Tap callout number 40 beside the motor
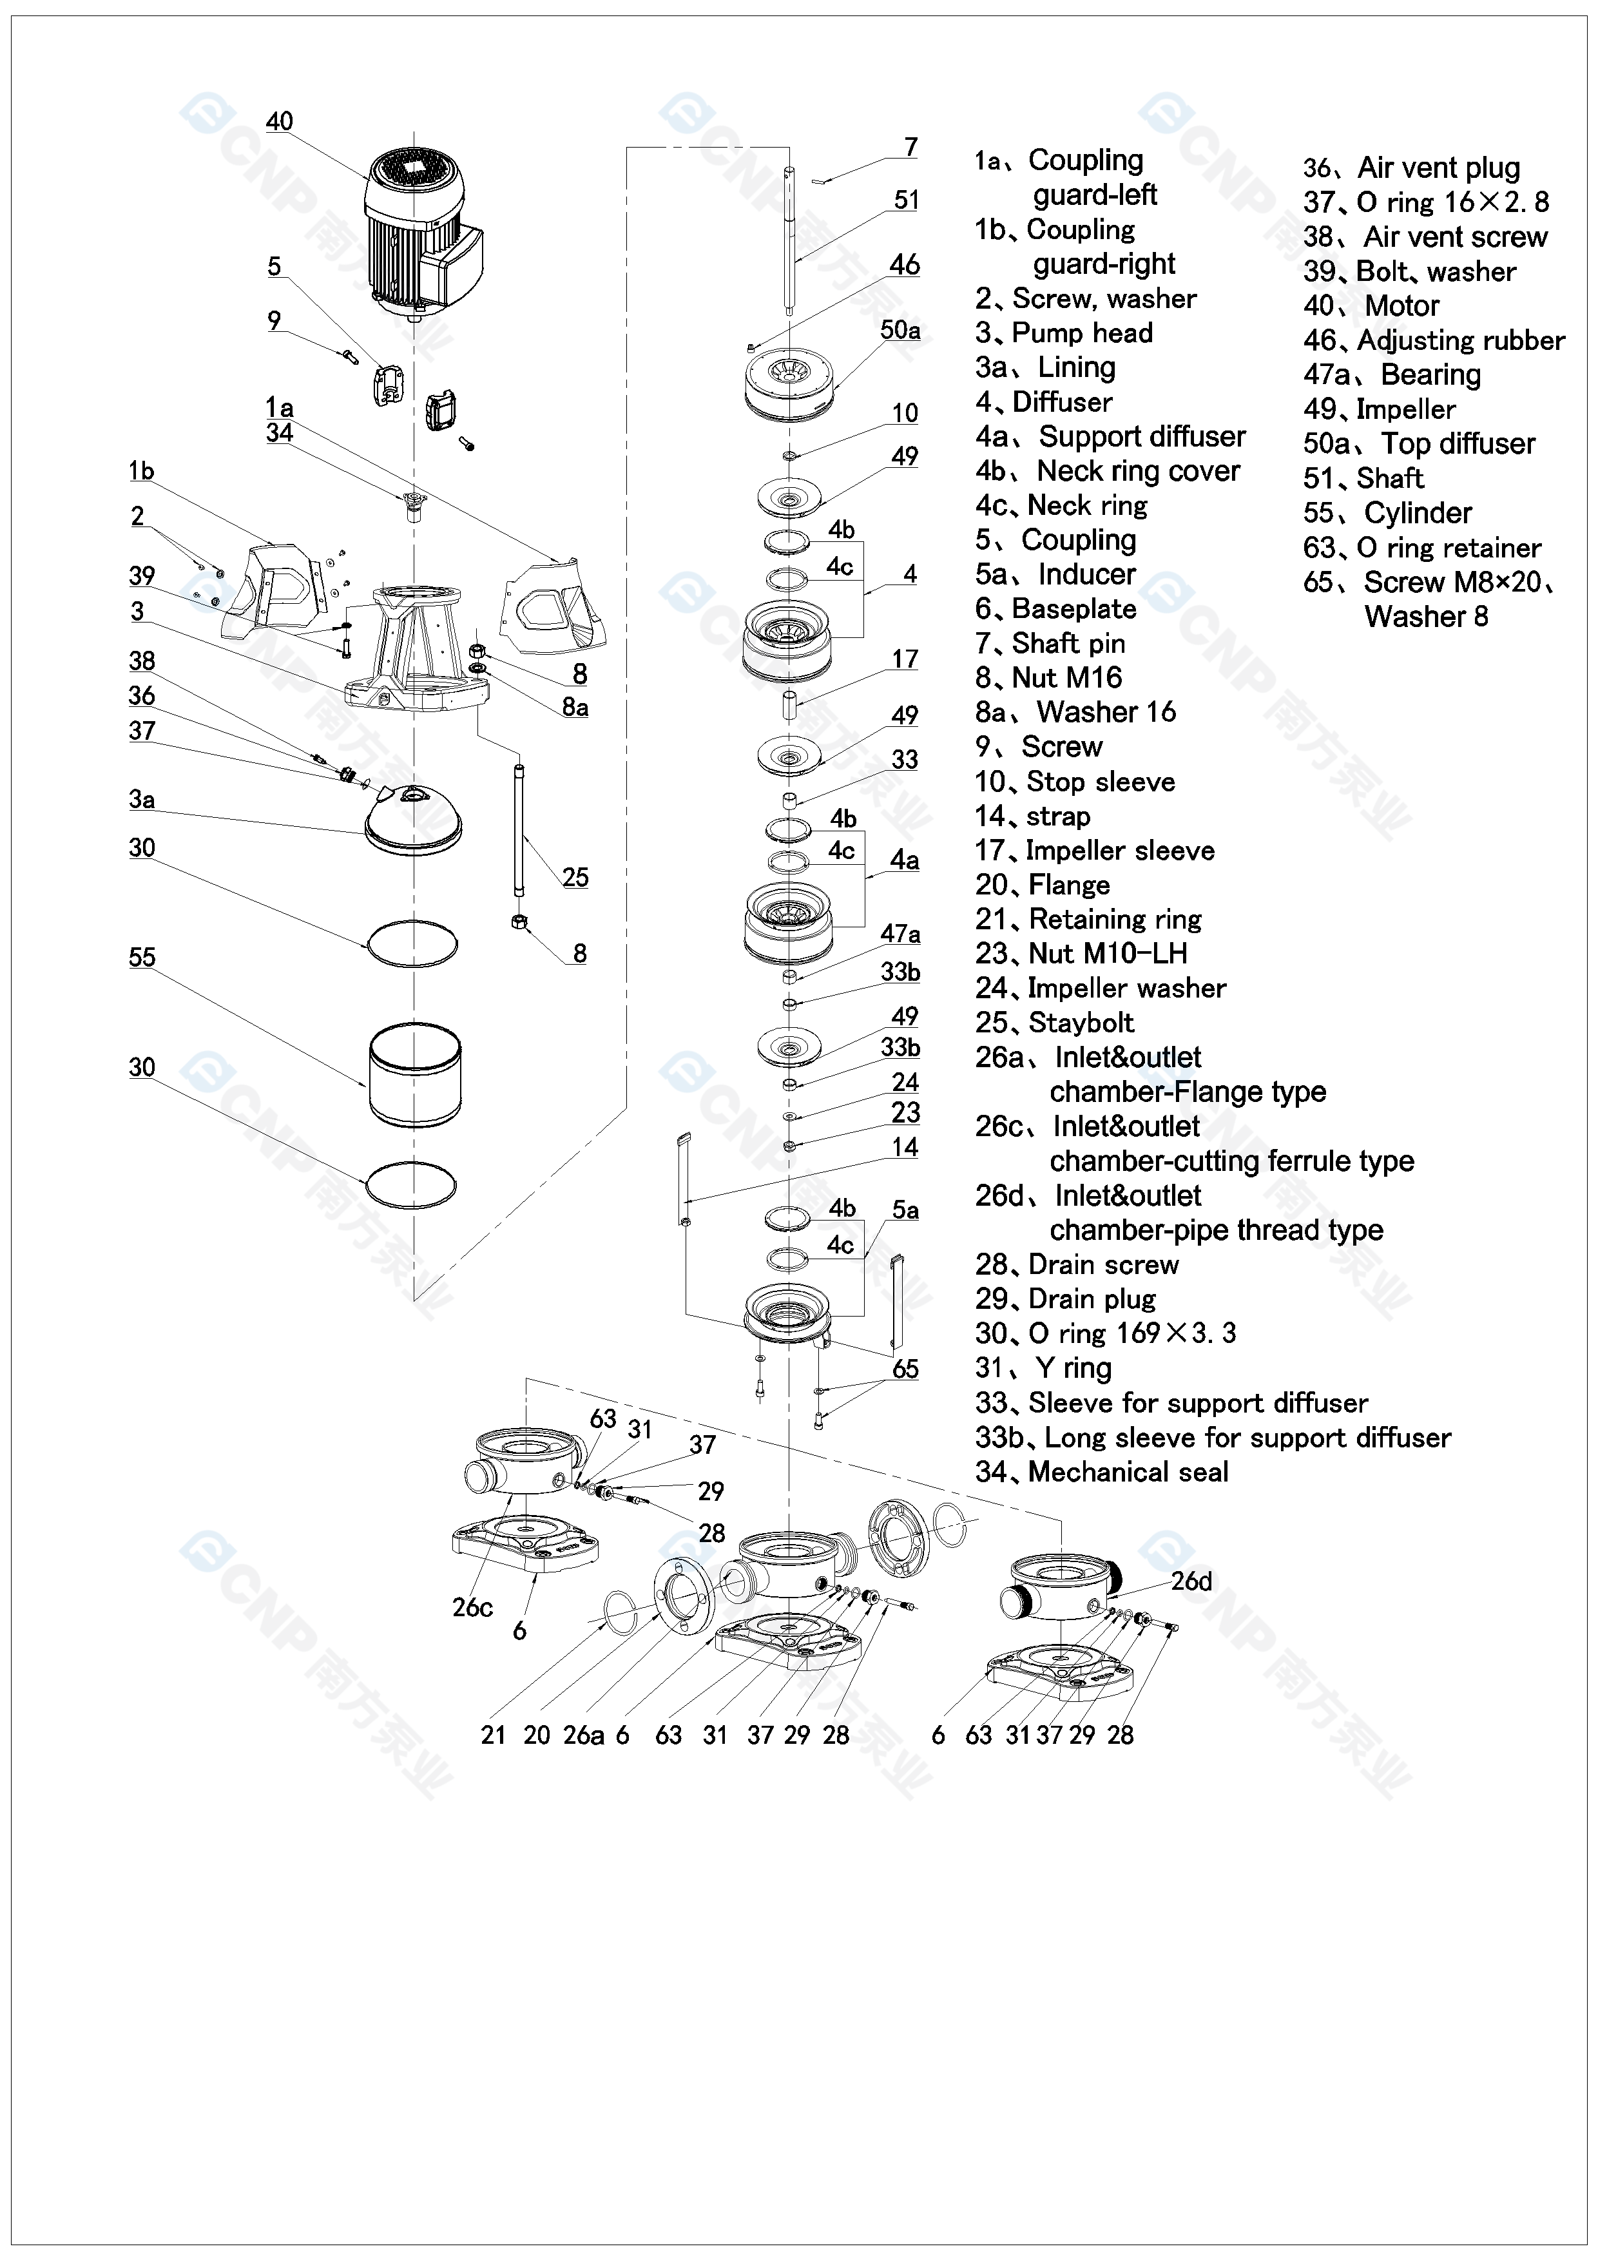[280, 121]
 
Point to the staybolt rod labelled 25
[519, 830]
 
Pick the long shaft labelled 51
[789, 241]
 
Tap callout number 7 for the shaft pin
[911, 147]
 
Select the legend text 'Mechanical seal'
[1128, 1472]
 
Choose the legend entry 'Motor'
[1402, 305]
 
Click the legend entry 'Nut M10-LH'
[1108, 953]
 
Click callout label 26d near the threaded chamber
[1191, 1582]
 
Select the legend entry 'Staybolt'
[1081, 1023]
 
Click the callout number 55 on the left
[142, 957]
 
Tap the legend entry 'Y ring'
[1073, 1368]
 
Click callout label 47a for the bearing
[900, 933]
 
